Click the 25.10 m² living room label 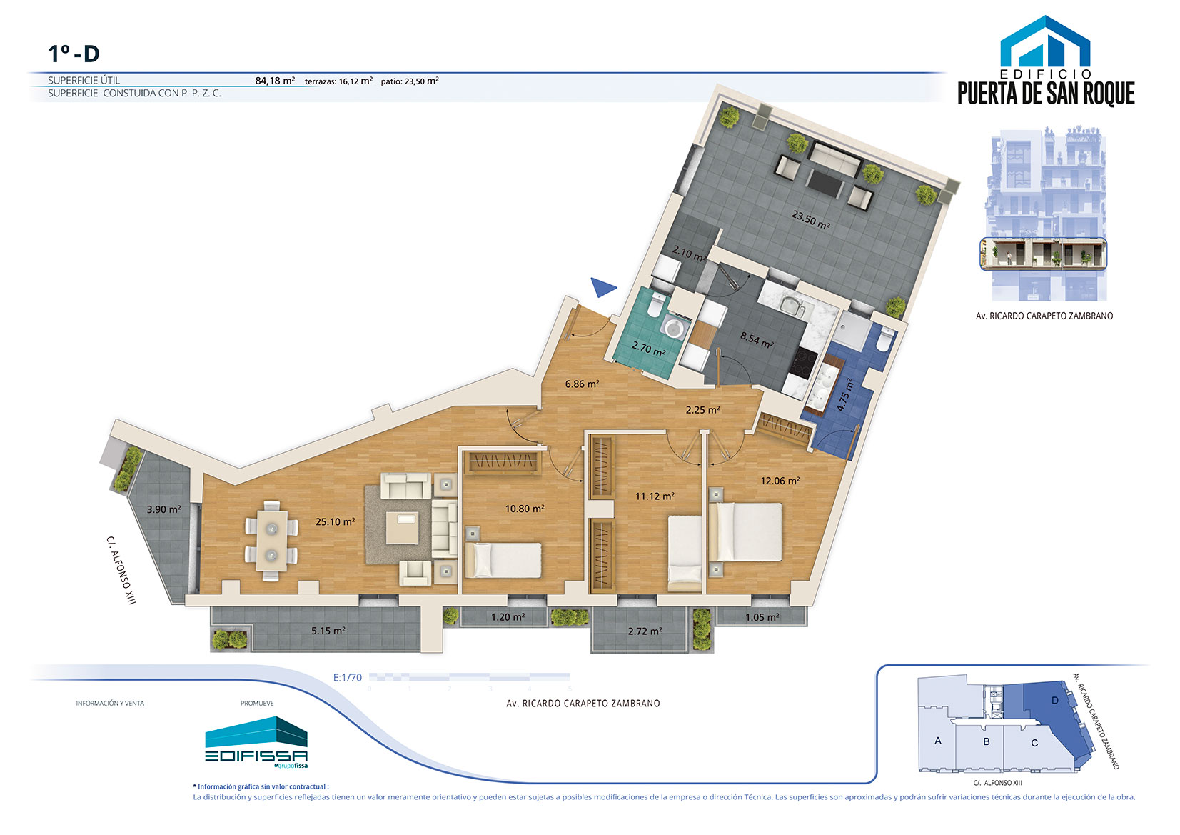335,522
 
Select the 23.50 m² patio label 810,219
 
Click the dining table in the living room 272,541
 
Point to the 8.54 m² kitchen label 757,339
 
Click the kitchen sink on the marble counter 790,305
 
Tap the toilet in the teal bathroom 656,305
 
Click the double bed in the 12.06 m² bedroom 746,532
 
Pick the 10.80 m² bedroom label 525,509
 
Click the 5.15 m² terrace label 328,631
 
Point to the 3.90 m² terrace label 164,509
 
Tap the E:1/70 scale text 348,677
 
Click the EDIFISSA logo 256,744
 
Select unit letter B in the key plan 986,741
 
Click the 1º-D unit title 74,54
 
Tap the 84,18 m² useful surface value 274,81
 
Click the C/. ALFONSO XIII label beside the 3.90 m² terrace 121,570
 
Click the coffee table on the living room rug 403,528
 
